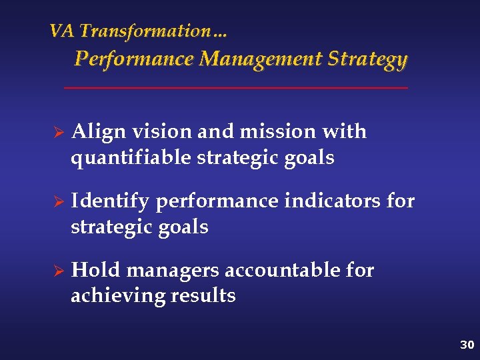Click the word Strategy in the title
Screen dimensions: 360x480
click(x=367, y=60)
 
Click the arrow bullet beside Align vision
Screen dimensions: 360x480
click(x=58, y=132)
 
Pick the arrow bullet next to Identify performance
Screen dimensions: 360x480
click(x=58, y=201)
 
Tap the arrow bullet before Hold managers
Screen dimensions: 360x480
click(x=58, y=271)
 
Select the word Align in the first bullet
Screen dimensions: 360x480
click(x=98, y=132)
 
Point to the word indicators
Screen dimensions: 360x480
click(x=333, y=201)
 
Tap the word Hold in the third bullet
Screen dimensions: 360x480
click(x=96, y=270)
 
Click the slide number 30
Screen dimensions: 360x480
click(x=466, y=345)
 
